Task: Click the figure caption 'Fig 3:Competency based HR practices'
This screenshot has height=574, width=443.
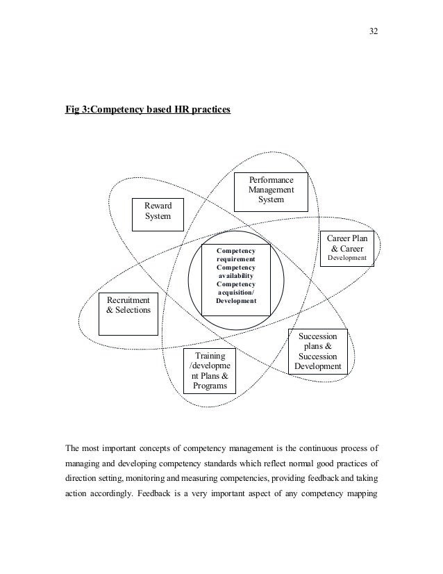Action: [147, 110]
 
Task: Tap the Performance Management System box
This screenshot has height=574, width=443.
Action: [271, 189]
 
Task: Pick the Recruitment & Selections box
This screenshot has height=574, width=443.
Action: [128, 313]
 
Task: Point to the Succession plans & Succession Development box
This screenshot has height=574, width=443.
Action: [317, 352]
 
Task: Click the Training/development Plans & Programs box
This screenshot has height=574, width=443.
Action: [209, 371]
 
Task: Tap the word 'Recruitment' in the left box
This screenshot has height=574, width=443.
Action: [128, 300]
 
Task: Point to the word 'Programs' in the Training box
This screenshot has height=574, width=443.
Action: [209, 386]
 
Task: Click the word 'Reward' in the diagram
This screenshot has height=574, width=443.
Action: [157, 205]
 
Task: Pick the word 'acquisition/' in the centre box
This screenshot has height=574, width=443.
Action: [235, 293]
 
